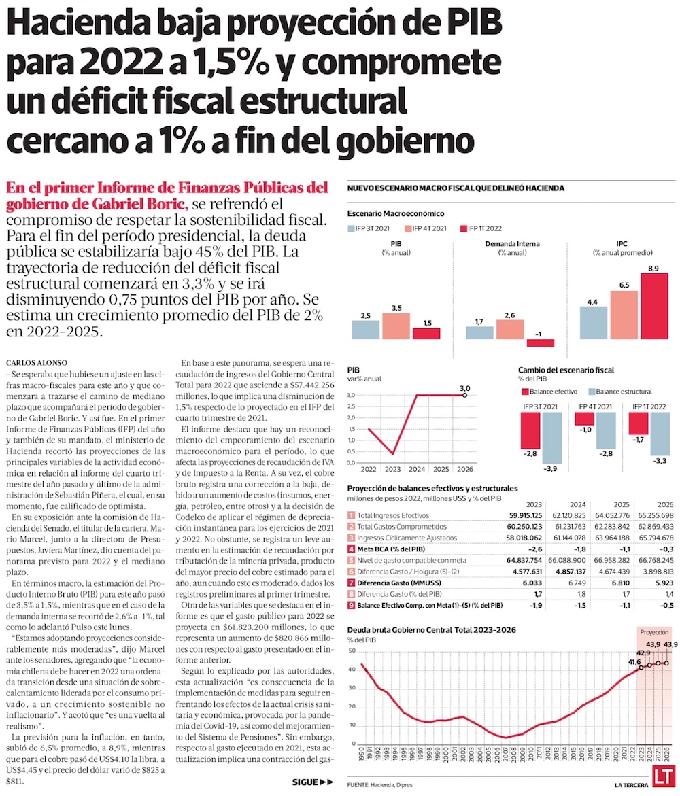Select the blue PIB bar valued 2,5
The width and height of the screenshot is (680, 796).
(365, 330)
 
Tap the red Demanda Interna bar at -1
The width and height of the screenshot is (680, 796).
(541, 343)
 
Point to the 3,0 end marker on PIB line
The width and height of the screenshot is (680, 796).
(464, 394)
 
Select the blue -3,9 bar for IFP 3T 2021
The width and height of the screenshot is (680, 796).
(552, 443)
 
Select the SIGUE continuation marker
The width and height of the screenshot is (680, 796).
(313, 782)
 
